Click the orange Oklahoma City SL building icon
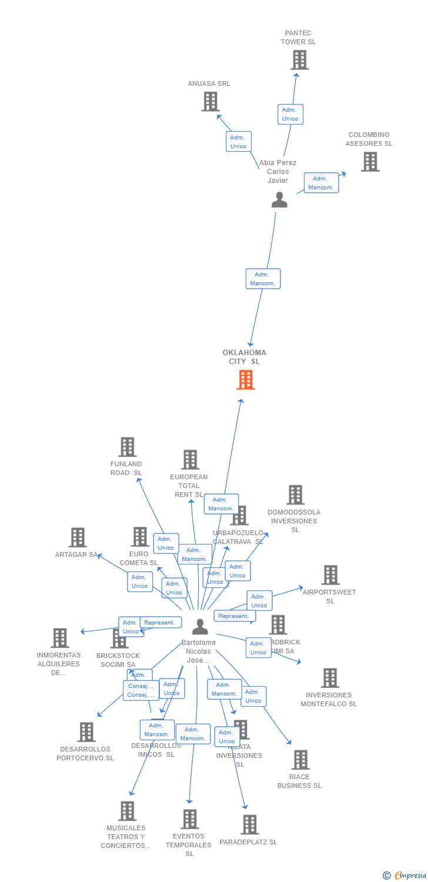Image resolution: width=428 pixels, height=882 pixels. tap(246, 380)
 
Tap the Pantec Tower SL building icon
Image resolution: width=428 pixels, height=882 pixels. tap(299, 60)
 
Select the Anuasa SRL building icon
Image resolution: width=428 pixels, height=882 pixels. tap(210, 102)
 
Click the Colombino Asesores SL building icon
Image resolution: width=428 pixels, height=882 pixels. tap(370, 162)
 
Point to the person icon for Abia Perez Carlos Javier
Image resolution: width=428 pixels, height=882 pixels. tap(279, 201)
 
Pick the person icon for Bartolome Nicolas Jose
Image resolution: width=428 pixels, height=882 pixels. tap(200, 627)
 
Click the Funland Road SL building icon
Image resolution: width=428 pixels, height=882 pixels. tap(127, 447)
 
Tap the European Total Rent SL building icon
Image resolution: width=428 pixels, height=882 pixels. tap(190, 460)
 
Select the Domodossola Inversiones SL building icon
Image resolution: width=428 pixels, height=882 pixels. tap(295, 495)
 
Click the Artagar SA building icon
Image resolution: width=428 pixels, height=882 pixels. tap(78, 537)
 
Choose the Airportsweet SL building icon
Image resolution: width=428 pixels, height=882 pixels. tap(330, 575)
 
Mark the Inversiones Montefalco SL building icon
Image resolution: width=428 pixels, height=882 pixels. tap(330, 678)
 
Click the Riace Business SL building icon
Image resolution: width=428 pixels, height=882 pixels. tap(300, 760)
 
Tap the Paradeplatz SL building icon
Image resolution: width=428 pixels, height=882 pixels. tap(250, 824)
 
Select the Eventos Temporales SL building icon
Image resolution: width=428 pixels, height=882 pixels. tap(189, 819)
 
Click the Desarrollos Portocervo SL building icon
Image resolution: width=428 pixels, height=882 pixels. tap(86, 732)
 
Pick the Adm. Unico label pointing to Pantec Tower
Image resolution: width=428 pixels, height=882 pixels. tap(290, 114)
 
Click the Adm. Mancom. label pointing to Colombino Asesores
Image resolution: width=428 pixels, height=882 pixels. tap(321, 183)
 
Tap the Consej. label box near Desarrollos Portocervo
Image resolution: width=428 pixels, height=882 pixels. tap(141, 690)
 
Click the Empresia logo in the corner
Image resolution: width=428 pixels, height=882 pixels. tap(405, 875)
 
